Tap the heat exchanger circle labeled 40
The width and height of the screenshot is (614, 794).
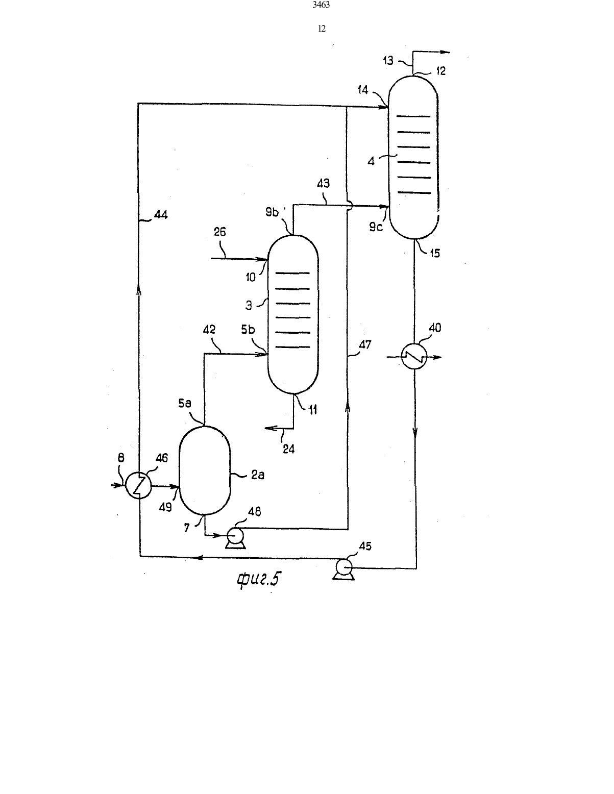pos(414,357)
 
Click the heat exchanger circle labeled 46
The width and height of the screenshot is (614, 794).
pos(138,486)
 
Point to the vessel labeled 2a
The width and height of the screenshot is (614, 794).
pos(205,470)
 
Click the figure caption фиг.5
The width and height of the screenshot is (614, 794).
pos(259,579)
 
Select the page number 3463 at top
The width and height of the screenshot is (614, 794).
pos(321,5)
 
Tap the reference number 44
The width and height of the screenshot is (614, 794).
pos(161,214)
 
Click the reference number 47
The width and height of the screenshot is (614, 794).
pos(365,344)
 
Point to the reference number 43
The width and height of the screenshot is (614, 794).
pos(323,183)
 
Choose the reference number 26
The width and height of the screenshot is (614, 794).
pos(219,232)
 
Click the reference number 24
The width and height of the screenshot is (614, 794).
pos(289,449)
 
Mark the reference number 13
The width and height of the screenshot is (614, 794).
pos(388,60)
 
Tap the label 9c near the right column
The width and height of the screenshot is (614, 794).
pos(376,227)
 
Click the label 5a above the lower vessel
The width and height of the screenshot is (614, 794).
pos(185,404)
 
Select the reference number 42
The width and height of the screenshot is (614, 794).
pos(209,330)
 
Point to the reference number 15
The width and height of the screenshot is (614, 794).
pos(435,253)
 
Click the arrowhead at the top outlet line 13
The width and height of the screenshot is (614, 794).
pos(445,52)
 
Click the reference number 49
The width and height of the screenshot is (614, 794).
pos(165,507)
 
